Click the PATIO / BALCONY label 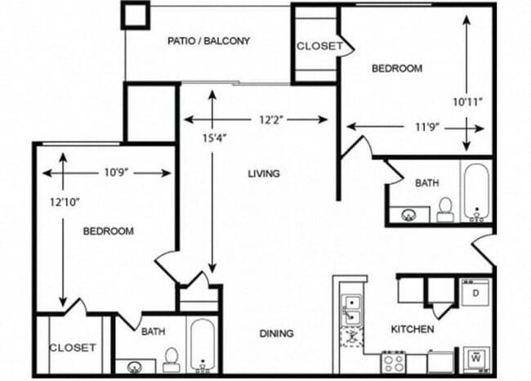pyautogui.click(x=208, y=41)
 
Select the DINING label pyautogui.click(x=276, y=334)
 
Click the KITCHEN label pyautogui.click(x=412, y=329)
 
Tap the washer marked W pyautogui.click(x=475, y=356)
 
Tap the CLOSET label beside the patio pyautogui.click(x=319, y=46)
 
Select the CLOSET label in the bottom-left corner pyautogui.click(x=72, y=347)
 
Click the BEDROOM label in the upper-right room pyautogui.click(x=397, y=69)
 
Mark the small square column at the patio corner pyautogui.click(x=136, y=15)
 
